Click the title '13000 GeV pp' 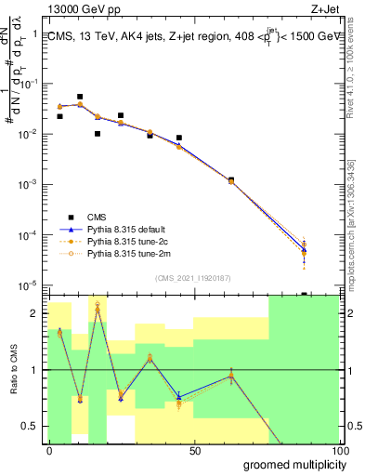click(69, 9)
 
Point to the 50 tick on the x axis click(195, 451)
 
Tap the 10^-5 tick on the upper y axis click(29, 284)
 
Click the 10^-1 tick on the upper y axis click(29, 84)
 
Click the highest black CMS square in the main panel click(80, 97)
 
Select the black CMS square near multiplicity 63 click(231, 179)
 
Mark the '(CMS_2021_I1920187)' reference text click(192, 277)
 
